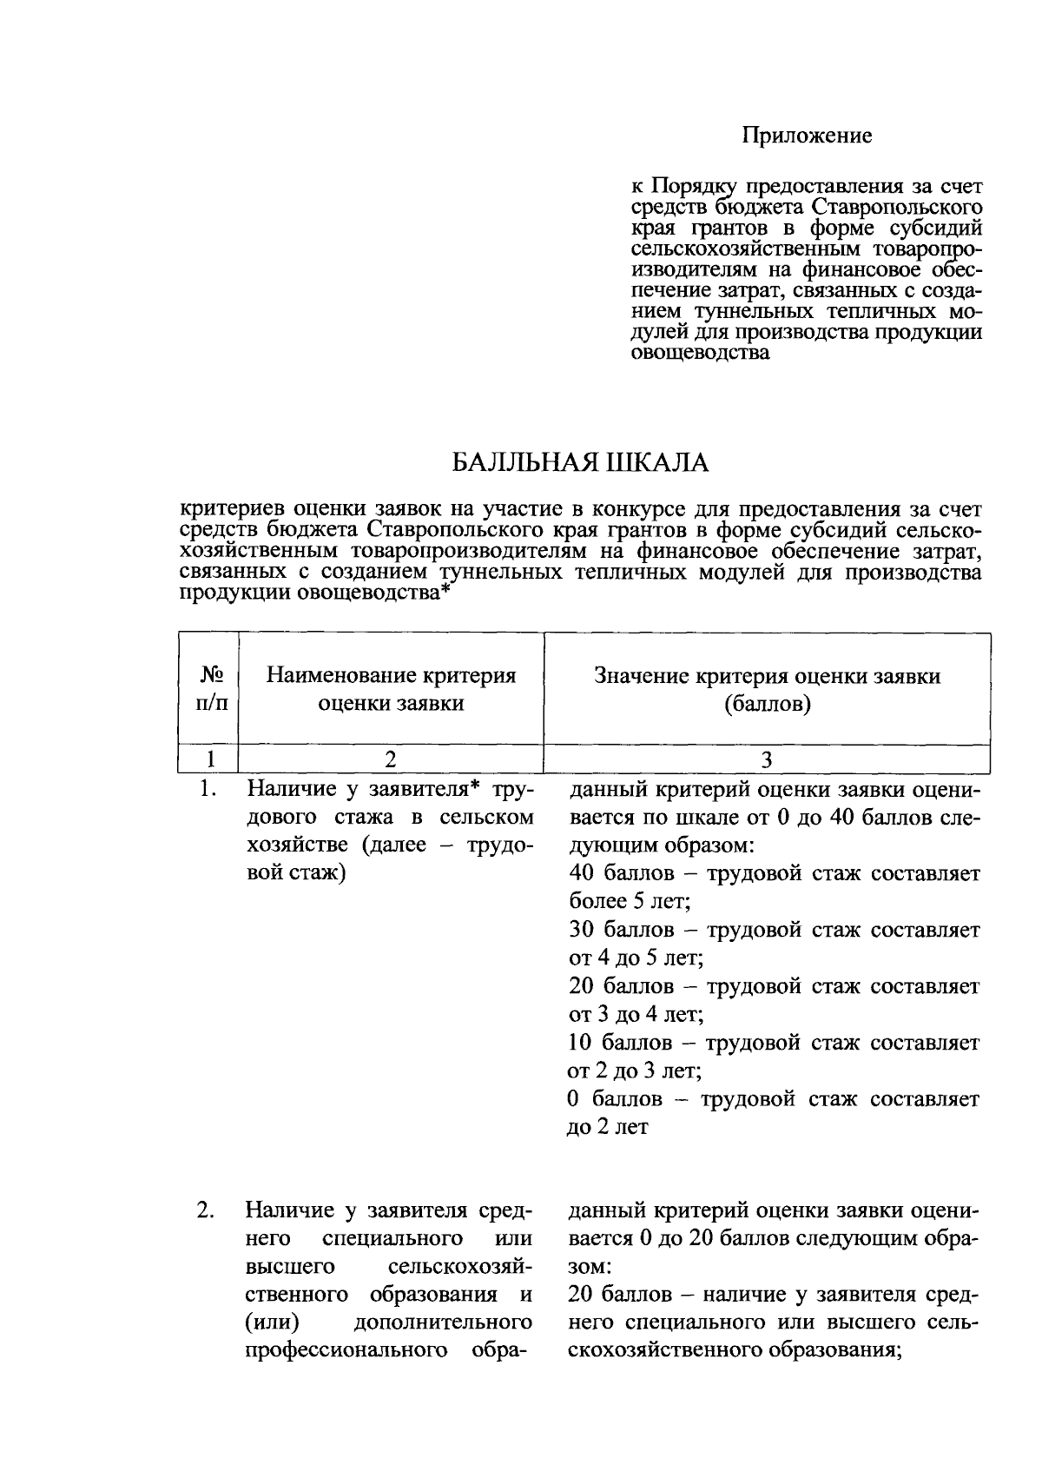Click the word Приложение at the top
point(808,136)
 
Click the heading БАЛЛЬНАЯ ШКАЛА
point(581,462)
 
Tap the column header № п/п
point(208,688)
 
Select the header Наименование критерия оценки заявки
point(391,688)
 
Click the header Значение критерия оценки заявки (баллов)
point(767,688)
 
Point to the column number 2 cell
point(391,759)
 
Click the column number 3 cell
point(767,759)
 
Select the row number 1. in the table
point(207,789)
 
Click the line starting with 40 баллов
point(773,873)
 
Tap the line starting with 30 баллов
point(773,930)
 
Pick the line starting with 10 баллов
point(773,1042)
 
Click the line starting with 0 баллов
point(773,1098)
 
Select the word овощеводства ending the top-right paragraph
point(700,354)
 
